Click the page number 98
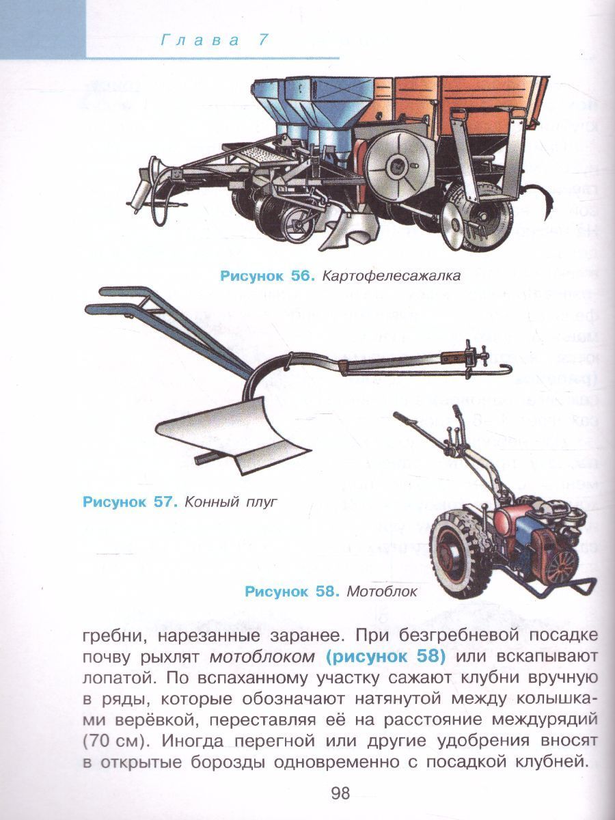point(340,794)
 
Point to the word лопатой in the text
point(111,679)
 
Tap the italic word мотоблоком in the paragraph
point(262,658)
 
